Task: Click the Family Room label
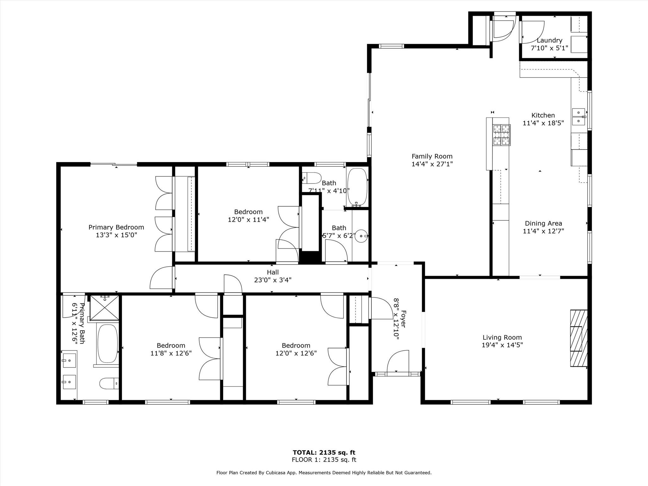(x=432, y=156)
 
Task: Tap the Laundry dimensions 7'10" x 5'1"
(x=549, y=48)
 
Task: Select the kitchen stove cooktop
(x=502, y=135)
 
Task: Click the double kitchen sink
(x=579, y=117)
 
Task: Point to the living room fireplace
(x=579, y=338)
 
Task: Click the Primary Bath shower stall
(x=105, y=308)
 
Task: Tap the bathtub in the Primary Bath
(x=108, y=344)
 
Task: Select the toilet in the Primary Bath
(x=109, y=383)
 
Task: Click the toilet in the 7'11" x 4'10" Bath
(x=312, y=178)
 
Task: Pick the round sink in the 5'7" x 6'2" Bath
(x=361, y=236)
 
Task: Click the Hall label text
(x=273, y=272)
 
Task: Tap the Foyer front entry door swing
(x=398, y=361)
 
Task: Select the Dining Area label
(x=543, y=223)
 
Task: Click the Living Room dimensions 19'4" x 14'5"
(x=502, y=345)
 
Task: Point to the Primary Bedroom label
(x=116, y=227)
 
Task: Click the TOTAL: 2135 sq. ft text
(x=324, y=452)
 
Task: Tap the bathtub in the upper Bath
(x=358, y=186)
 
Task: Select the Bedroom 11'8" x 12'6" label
(x=171, y=346)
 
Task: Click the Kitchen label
(x=543, y=115)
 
